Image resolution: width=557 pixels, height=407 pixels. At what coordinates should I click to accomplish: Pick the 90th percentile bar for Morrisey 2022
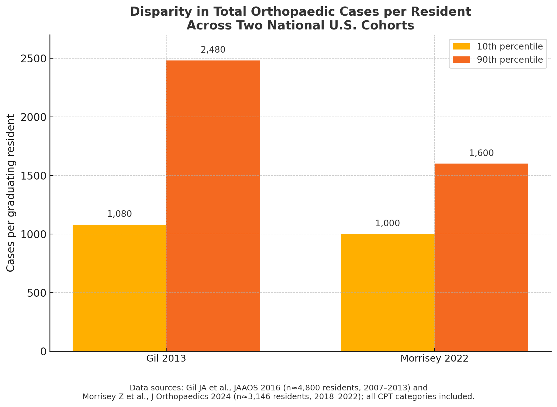click(481, 257)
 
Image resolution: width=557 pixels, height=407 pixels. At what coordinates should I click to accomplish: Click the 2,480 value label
click(213, 50)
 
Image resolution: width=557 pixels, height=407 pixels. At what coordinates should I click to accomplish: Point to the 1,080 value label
click(119, 214)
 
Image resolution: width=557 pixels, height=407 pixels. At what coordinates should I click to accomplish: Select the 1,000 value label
click(387, 223)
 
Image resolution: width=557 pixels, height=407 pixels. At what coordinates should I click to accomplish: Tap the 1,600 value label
click(481, 153)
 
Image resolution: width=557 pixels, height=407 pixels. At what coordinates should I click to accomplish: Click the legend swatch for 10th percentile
click(461, 47)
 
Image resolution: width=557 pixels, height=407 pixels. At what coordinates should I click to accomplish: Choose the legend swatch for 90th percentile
click(461, 60)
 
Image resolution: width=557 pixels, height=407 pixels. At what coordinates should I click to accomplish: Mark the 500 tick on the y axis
click(37, 293)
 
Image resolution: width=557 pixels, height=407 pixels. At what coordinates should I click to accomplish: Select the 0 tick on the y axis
click(44, 352)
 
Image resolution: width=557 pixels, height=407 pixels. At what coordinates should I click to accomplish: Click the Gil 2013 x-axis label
click(166, 358)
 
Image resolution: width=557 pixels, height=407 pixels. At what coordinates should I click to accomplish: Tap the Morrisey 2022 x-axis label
click(434, 358)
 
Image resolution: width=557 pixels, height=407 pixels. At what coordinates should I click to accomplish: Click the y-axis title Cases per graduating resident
click(11, 193)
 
